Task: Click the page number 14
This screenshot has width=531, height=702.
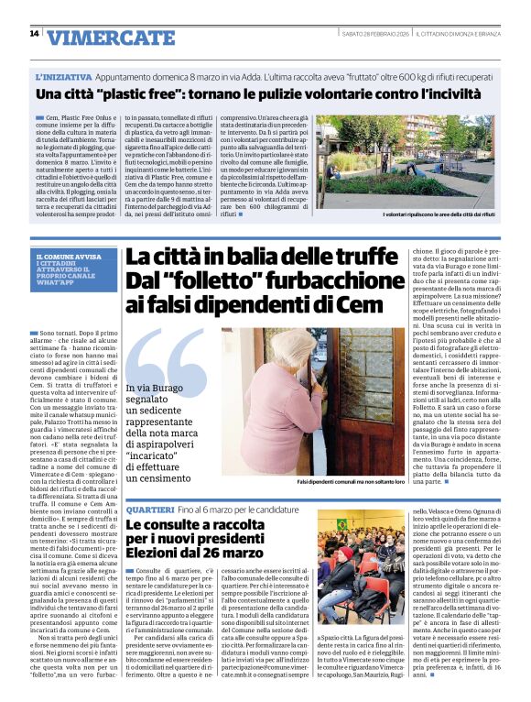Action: click(34, 34)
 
